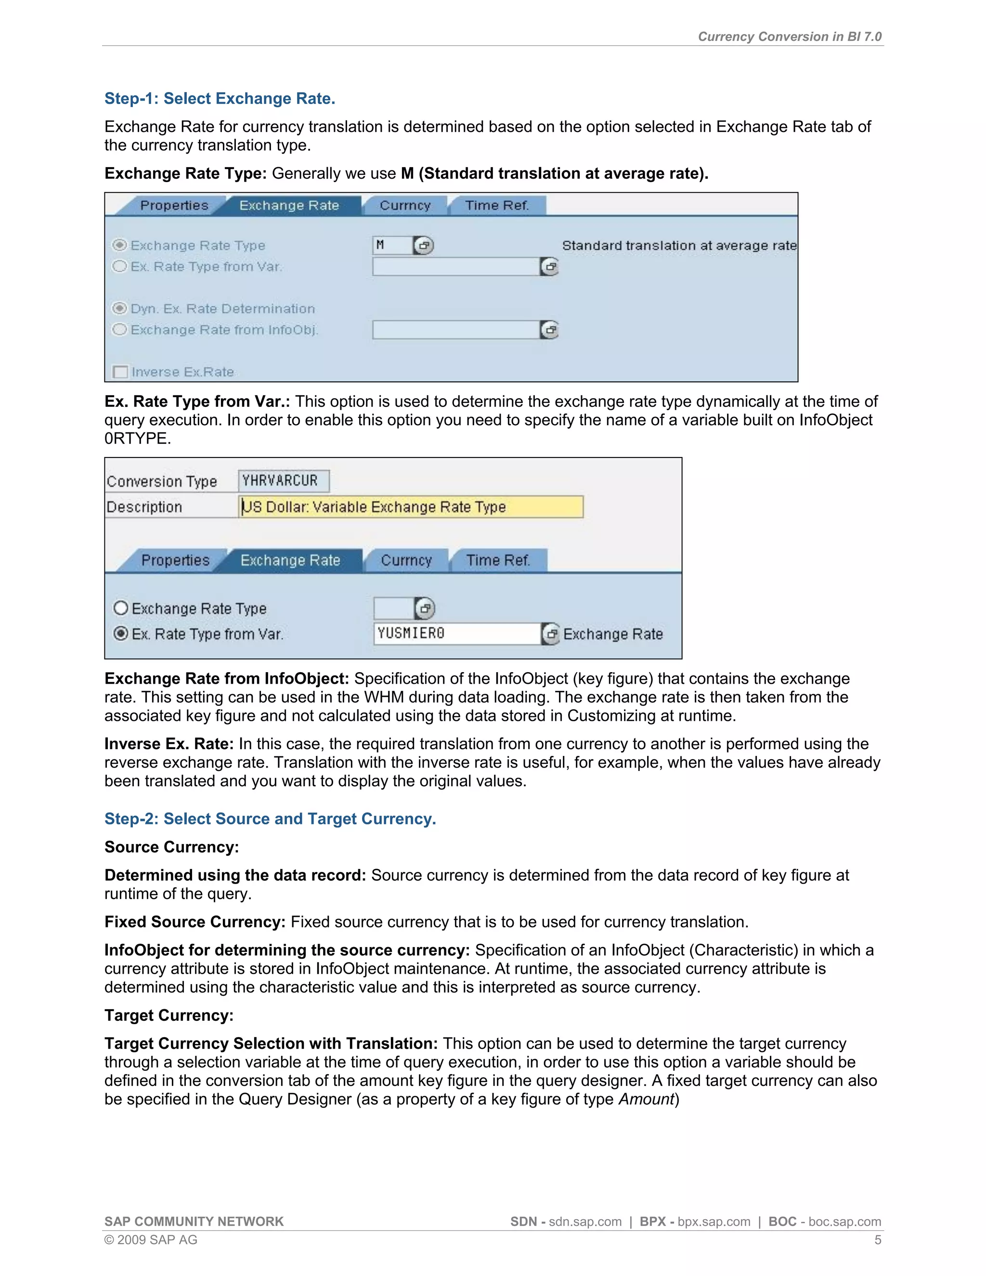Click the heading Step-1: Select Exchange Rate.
pos(220,98)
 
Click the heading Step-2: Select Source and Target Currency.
pos(270,819)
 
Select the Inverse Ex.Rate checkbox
pos(120,372)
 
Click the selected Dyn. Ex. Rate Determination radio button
pos(120,309)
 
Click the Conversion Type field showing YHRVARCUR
pos(283,481)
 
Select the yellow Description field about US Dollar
pos(411,507)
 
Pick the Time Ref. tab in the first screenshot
pos(497,206)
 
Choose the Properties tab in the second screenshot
pos(175,560)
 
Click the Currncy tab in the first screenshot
pos(405,206)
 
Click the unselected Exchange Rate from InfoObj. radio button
pos(120,329)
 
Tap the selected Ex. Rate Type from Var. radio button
pos(121,634)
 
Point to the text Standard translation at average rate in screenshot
pos(679,246)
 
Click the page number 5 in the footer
pos(877,1240)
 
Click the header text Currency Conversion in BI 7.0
pos(789,36)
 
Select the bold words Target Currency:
pos(169,1016)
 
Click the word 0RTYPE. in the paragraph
pos(138,438)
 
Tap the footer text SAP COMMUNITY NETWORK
pos(194,1222)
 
